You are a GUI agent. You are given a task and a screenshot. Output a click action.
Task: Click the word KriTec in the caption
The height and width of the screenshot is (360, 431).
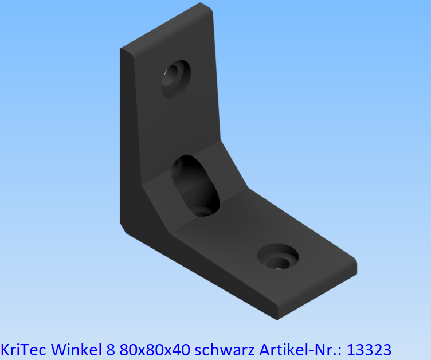(19, 349)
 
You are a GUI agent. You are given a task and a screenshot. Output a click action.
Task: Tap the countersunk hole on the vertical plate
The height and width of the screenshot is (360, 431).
(175, 79)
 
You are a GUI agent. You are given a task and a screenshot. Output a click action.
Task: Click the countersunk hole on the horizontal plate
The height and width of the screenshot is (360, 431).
(278, 256)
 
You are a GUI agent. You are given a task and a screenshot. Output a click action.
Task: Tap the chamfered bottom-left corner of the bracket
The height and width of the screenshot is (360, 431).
(124, 228)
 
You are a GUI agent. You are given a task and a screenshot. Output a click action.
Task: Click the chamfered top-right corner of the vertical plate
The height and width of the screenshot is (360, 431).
(207, 8)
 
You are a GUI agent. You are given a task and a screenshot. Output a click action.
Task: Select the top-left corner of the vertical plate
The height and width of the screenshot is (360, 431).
(122, 50)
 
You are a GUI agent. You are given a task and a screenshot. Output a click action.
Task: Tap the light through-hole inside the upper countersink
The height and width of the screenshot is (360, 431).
(169, 73)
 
